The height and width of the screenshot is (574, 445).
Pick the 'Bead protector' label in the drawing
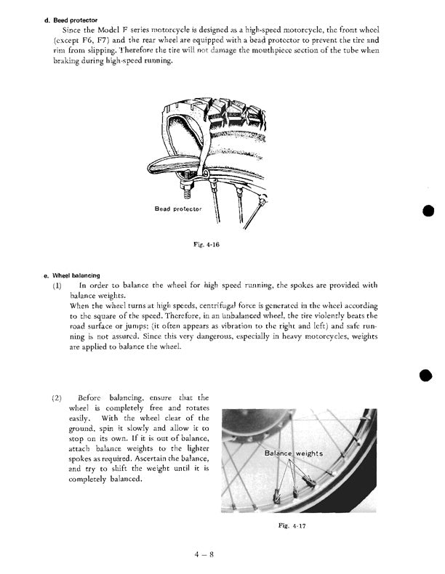click(177, 209)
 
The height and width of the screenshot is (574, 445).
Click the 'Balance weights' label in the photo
click(293, 453)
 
